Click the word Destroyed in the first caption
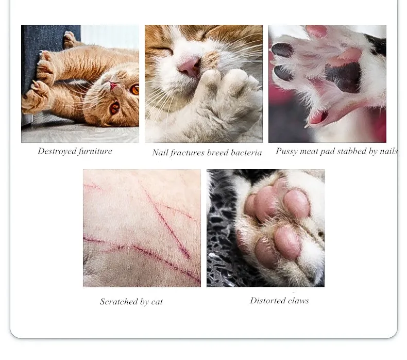click(x=57, y=151)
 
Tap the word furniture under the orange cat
click(x=95, y=151)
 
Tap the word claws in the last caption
click(x=298, y=301)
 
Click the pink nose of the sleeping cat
click(x=189, y=67)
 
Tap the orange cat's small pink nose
click(x=113, y=85)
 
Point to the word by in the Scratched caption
click(x=144, y=302)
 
